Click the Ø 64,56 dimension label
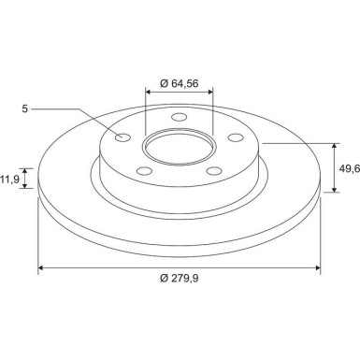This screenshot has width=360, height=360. (180, 83)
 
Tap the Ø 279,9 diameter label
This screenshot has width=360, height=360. (180, 278)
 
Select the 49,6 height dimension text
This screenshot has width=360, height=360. (350, 168)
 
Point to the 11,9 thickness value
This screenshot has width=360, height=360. (10, 179)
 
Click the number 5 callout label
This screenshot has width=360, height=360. (25, 108)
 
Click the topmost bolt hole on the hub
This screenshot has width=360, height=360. (180, 117)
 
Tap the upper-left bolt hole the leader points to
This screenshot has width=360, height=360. (122, 137)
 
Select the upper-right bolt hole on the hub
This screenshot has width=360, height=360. (236, 137)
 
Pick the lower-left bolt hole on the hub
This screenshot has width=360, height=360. (145, 171)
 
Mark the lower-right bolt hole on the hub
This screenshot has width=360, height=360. (215, 171)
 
